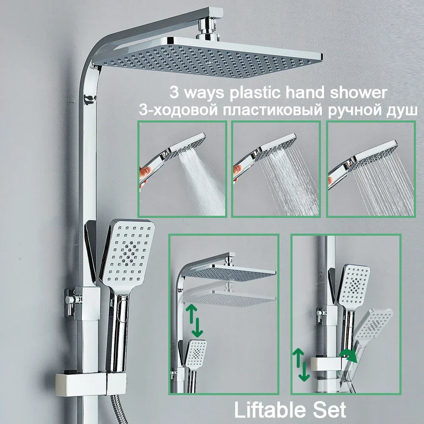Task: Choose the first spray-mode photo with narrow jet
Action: click(182, 169)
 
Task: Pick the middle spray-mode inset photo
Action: click(276, 169)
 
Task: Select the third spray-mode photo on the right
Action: click(370, 169)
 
